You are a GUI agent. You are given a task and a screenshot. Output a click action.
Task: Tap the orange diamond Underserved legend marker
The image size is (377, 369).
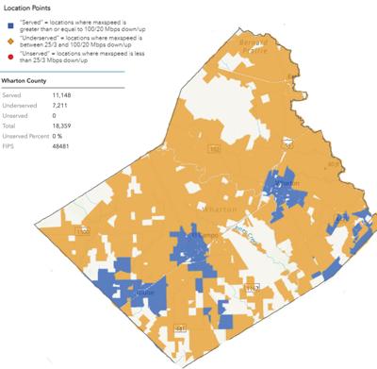[8, 46]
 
